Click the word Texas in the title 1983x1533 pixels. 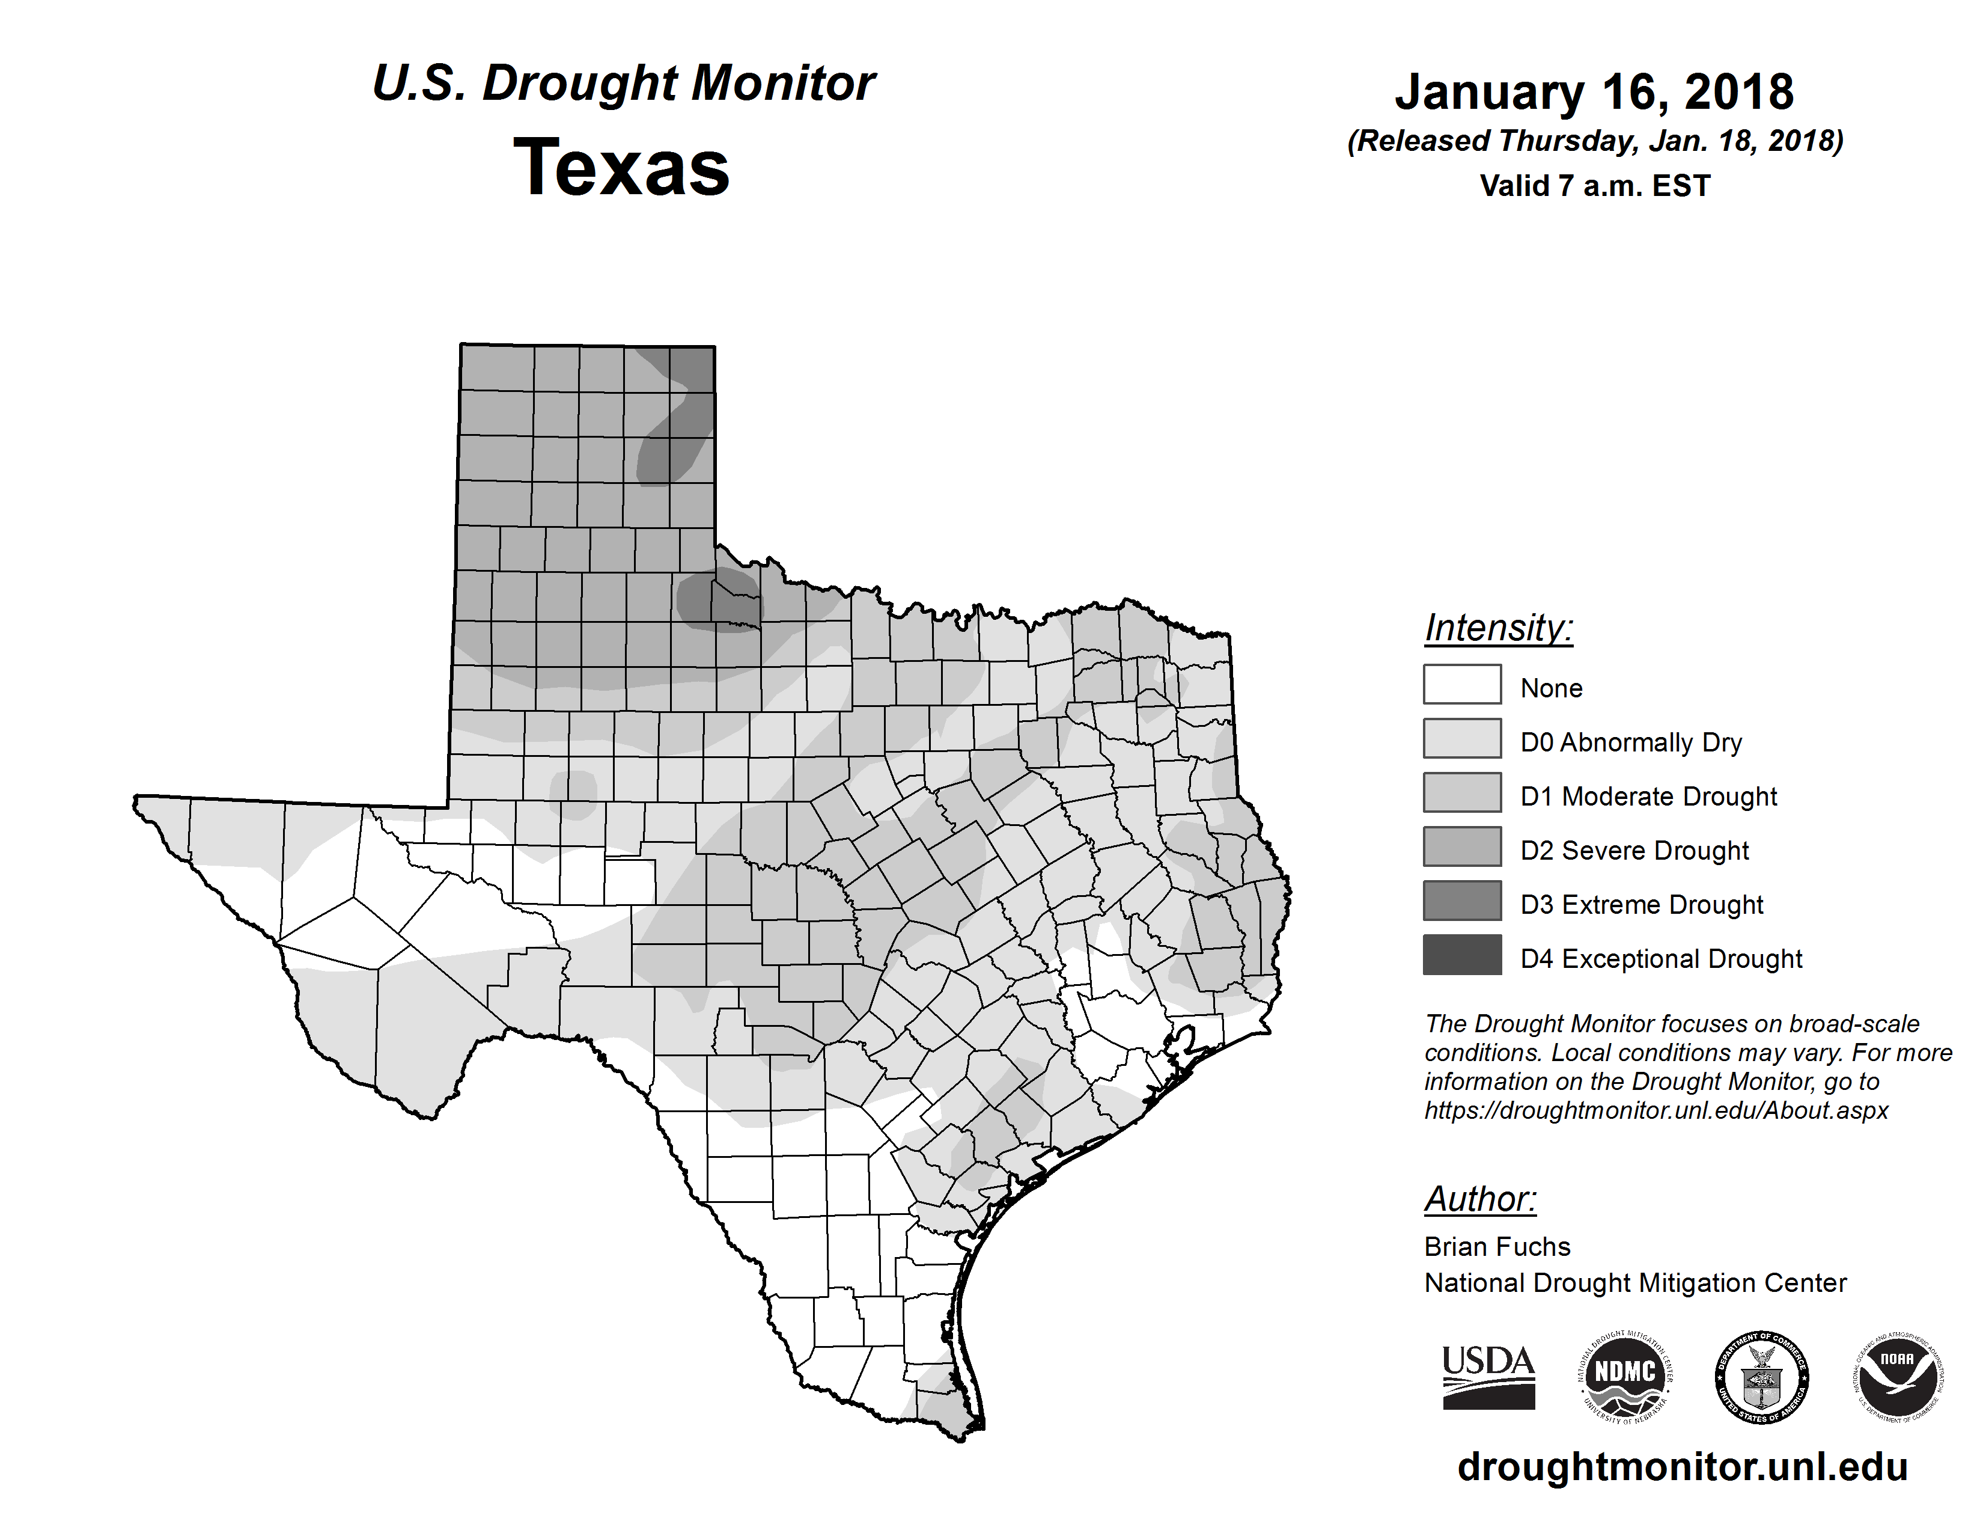(622, 168)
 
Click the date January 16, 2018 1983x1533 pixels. (1594, 92)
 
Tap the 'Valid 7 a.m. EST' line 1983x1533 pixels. (1594, 186)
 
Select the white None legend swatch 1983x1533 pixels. (1462, 684)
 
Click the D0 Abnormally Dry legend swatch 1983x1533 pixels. (1462, 738)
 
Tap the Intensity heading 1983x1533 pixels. (1498, 628)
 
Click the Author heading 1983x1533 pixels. (1480, 1199)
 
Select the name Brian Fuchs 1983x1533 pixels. (1497, 1247)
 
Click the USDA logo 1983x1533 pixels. (1488, 1378)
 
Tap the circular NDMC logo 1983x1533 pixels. (1625, 1378)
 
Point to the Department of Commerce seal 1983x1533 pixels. (1761, 1378)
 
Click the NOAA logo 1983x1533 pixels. (1898, 1378)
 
